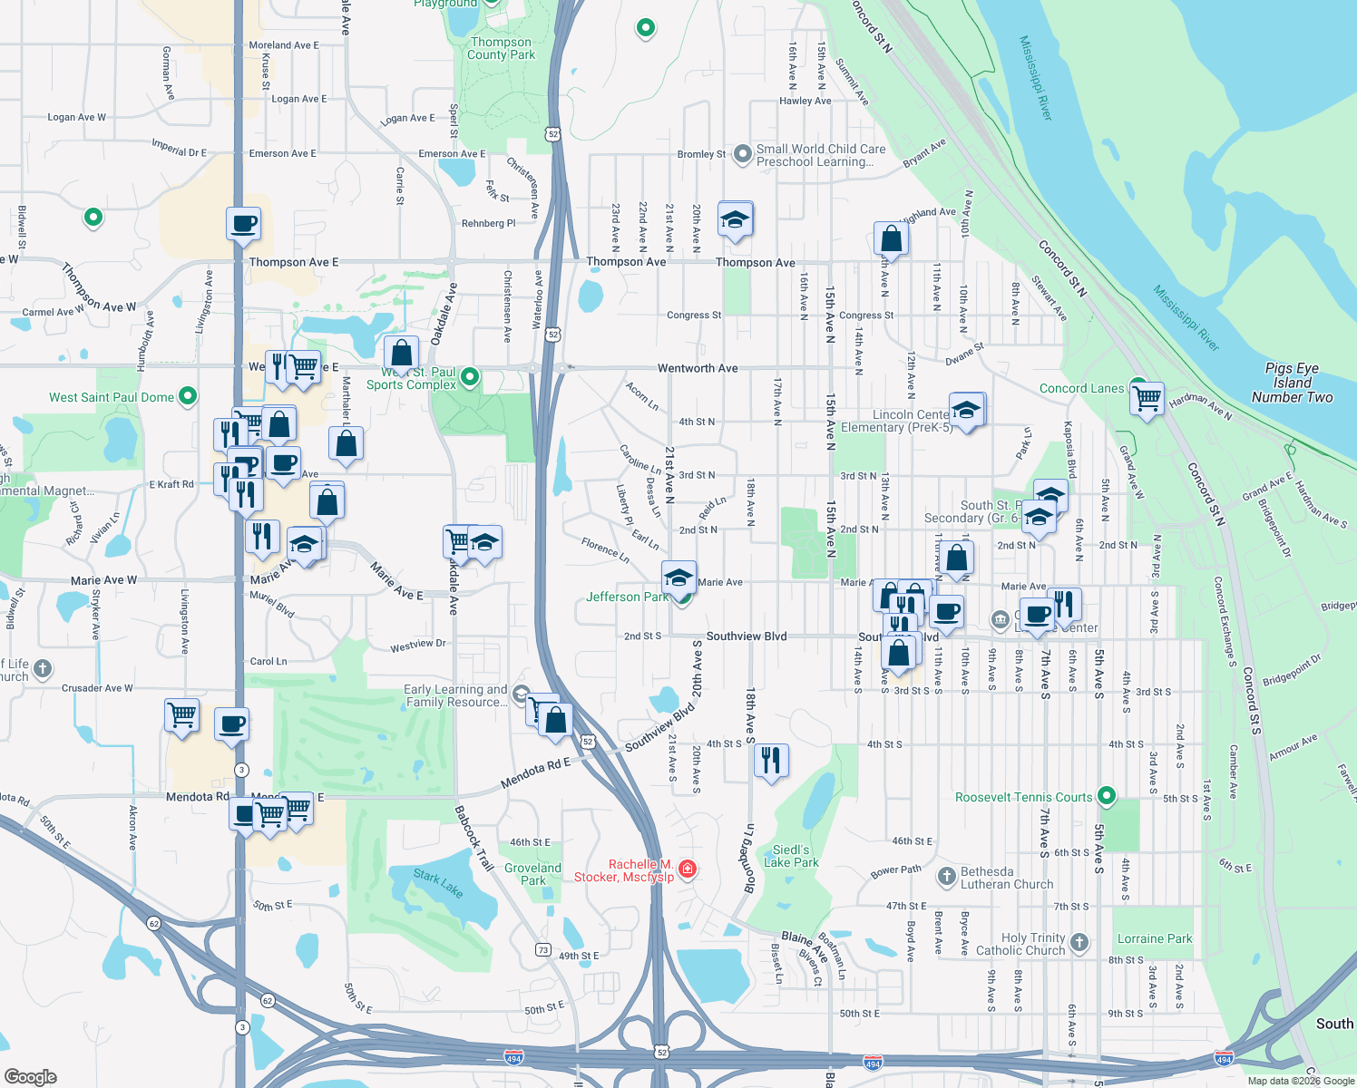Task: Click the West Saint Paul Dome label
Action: pyautogui.click(x=111, y=397)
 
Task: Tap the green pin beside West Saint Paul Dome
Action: pyautogui.click(x=188, y=395)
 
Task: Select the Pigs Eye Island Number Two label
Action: pyautogui.click(x=1292, y=383)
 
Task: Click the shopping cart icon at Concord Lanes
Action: pyautogui.click(x=1147, y=397)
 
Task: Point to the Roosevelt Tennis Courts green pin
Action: pyautogui.click(x=1106, y=796)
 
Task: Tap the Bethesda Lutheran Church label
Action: pyautogui.click(x=1006, y=878)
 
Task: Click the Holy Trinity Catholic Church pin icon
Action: pyautogui.click(x=1079, y=942)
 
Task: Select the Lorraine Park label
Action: pyautogui.click(x=1154, y=938)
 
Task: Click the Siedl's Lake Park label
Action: pyautogui.click(x=791, y=856)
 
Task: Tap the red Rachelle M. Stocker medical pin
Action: pyautogui.click(x=688, y=869)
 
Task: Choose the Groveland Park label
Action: pyautogui.click(x=533, y=874)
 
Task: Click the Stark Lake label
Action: pyautogui.click(x=438, y=883)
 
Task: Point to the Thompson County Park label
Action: pyautogui.click(x=501, y=48)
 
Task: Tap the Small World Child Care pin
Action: pyautogui.click(x=743, y=154)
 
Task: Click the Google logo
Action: pyautogui.click(x=30, y=1076)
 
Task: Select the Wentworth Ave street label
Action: pyautogui.click(x=698, y=368)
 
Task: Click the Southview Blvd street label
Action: pyautogui.click(x=746, y=636)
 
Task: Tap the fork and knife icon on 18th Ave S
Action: pyautogui.click(x=770, y=760)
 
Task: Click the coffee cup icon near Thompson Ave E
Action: pyautogui.click(x=243, y=223)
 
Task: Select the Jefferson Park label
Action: pyautogui.click(x=627, y=597)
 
